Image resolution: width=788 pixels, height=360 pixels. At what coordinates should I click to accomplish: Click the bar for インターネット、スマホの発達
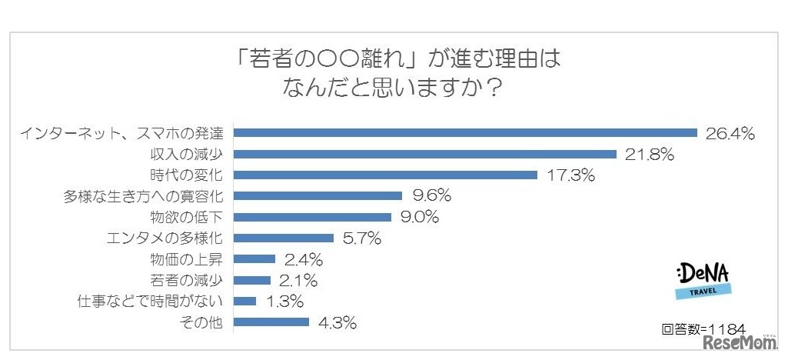(464, 133)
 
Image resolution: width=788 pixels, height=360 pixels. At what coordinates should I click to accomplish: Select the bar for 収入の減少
(424, 154)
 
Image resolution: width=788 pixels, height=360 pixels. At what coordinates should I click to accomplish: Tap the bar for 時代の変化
(384, 175)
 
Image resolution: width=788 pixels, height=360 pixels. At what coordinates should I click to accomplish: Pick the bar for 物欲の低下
(311, 217)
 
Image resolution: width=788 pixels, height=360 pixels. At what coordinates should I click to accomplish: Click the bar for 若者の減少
(251, 280)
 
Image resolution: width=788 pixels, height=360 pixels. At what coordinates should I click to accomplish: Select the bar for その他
(271, 322)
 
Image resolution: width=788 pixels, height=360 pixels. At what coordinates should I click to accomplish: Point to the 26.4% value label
(730, 134)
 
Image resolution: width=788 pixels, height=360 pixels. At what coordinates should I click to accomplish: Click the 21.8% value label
(650, 155)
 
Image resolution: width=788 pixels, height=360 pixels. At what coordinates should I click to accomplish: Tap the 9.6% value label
(431, 196)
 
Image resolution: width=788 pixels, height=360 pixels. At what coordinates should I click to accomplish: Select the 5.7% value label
(361, 238)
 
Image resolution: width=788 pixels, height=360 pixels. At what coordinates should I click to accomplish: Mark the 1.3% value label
(284, 302)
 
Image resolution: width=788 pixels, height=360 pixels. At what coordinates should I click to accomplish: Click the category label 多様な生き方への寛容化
(143, 196)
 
